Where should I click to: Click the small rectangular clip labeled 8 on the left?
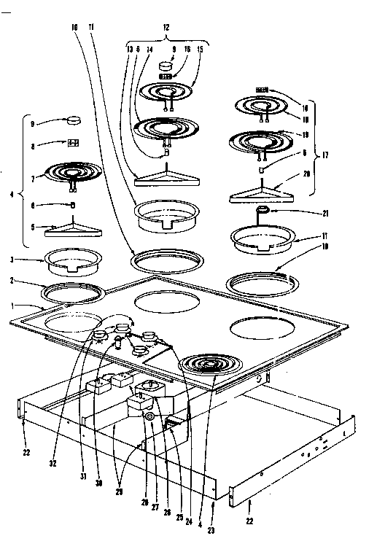pos(73,143)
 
